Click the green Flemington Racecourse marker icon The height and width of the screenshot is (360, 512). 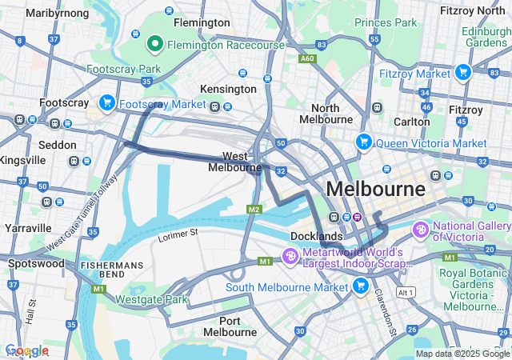pyautogui.click(x=155, y=43)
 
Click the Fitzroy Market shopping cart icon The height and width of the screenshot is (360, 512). pyautogui.click(x=462, y=73)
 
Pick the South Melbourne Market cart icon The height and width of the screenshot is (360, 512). pyautogui.click(x=361, y=286)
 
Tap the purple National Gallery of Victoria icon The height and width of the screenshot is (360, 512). pyautogui.click(x=421, y=230)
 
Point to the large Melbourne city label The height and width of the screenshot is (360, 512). pyautogui.click(x=375, y=190)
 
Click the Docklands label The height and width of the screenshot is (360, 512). pyautogui.click(x=317, y=236)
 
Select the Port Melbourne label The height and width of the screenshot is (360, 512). pyautogui.click(x=230, y=326)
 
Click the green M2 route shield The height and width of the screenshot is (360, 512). pyautogui.click(x=254, y=210)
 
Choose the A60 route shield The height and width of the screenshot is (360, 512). pyautogui.click(x=307, y=58)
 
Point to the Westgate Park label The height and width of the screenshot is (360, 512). pyautogui.click(x=151, y=300)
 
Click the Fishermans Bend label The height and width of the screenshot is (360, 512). pyautogui.click(x=111, y=270)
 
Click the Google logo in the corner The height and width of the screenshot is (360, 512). pyautogui.click(x=26, y=350)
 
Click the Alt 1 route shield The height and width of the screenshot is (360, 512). pyautogui.click(x=406, y=294)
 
